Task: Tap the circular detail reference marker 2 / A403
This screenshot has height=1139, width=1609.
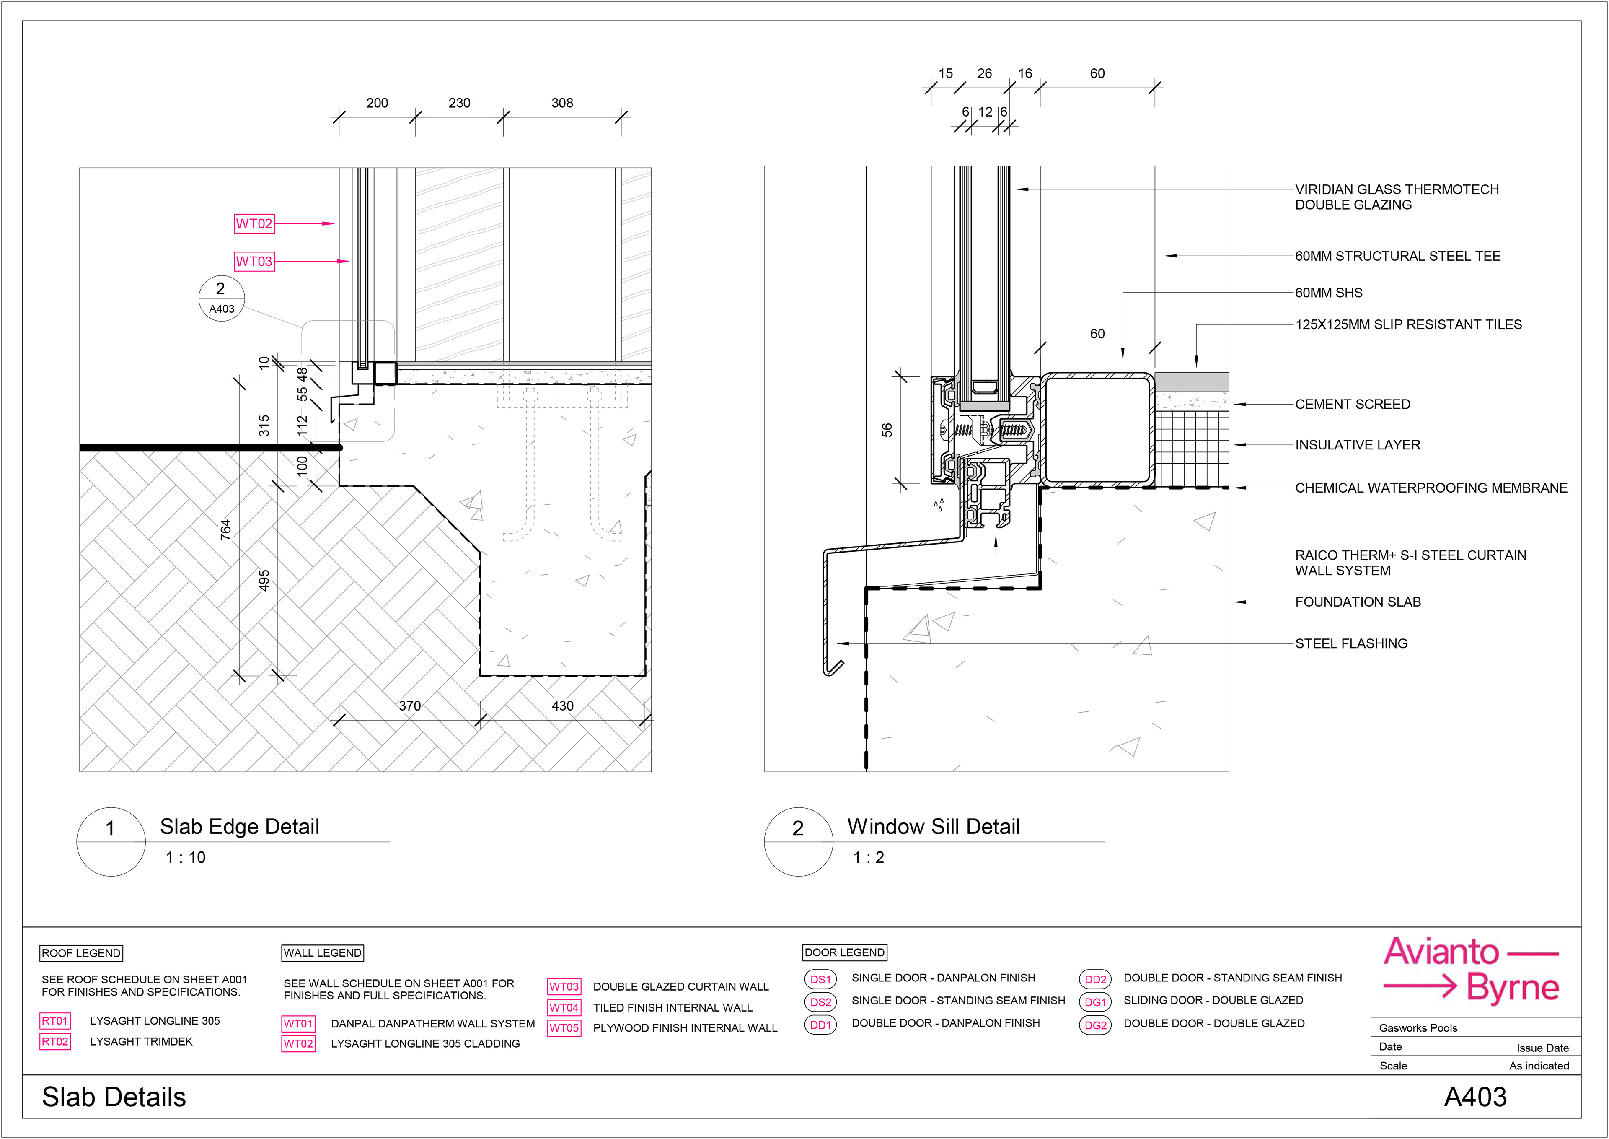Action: point(222,298)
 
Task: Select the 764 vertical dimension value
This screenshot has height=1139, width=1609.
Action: point(226,529)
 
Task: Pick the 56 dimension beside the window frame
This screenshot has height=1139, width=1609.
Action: point(887,430)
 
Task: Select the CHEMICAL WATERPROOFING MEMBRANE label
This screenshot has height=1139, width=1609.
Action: point(1430,488)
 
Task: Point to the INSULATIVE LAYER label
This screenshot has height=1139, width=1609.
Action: point(1357,445)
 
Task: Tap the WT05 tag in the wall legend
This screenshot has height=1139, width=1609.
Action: point(564,1028)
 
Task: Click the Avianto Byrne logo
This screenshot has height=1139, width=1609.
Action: point(1471,970)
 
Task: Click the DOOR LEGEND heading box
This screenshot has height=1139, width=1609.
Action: point(844,952)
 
